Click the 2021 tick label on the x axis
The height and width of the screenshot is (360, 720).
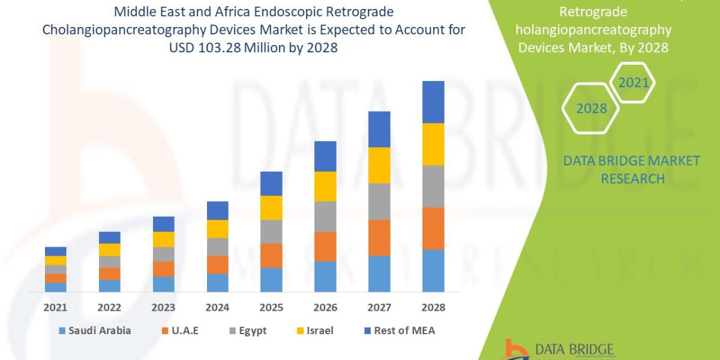click(55, 308)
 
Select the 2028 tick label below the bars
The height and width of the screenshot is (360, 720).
click(433, 308)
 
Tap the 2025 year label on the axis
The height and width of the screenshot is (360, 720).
click(271, 308)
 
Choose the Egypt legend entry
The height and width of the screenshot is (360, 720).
click(247, 331)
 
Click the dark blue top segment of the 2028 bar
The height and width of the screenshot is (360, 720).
click(433, 102)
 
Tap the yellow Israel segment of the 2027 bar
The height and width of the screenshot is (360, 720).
click(379, 165)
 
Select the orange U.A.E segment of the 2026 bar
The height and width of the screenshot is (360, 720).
click(325, 246)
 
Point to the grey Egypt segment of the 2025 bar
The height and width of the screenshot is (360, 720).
click(271, 232)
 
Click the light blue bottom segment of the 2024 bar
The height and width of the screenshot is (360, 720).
click(217, 283)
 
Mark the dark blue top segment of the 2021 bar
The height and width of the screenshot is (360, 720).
click(55, 251)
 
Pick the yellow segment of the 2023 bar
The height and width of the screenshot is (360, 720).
click(163, 239)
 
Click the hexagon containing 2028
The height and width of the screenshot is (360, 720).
click(592, 109)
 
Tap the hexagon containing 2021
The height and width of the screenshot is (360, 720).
click(633, 82)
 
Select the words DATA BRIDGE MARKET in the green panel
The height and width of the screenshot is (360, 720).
click(632, 161)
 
